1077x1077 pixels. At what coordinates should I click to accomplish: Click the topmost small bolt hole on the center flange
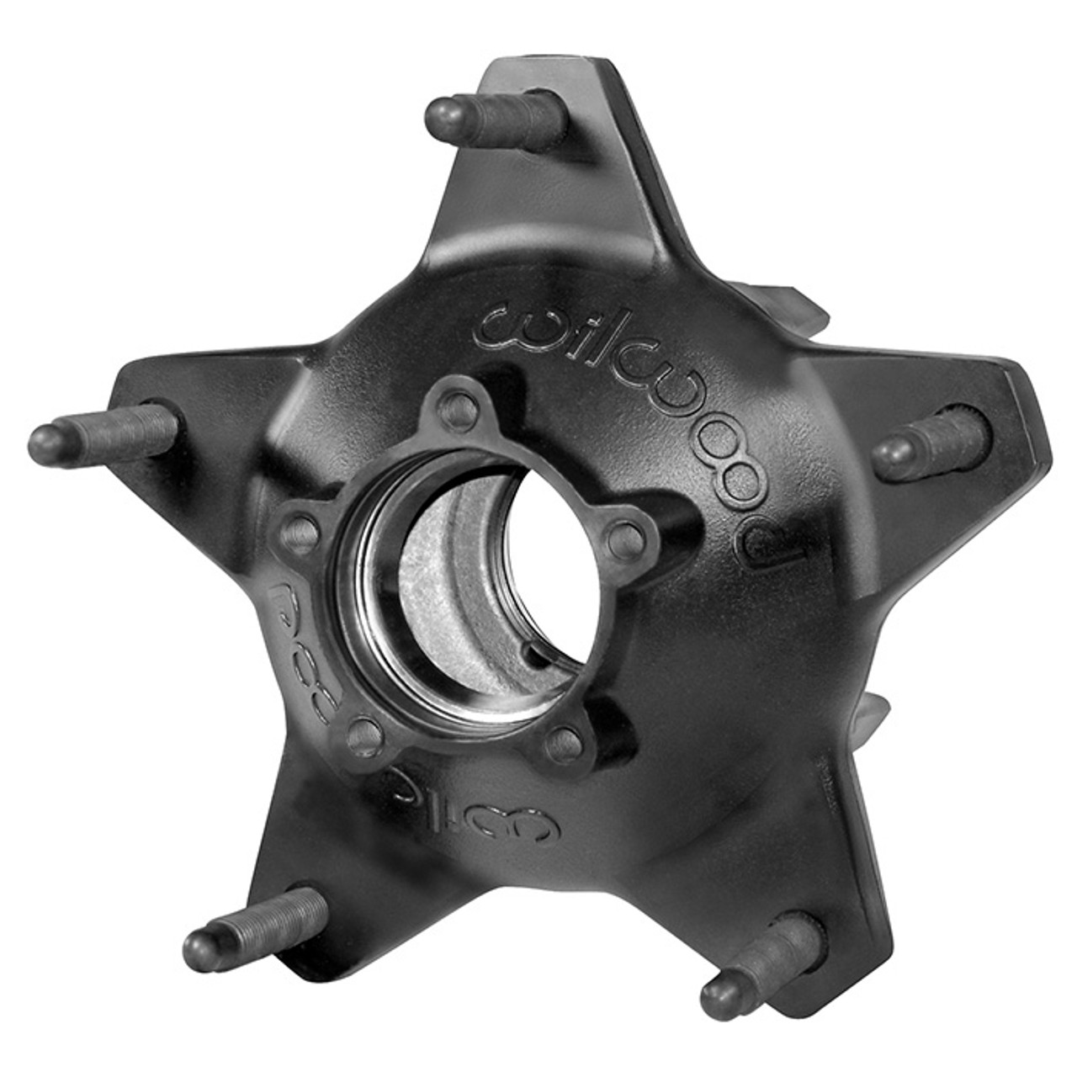point(459,410)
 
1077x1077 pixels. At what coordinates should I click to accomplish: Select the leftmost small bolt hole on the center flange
point(299,531)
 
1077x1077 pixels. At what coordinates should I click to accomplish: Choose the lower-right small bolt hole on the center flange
point(564,744)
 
